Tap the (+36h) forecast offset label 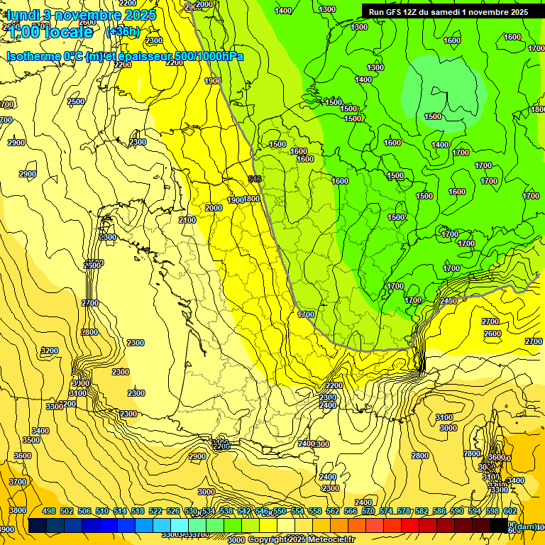pyautogui.click(x=123, y=31)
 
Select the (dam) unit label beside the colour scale pyautogui.click(x=526, y=527)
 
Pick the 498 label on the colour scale pyautogui.click(x=49, y=512)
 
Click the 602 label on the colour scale pyautogui.click(x=510, y=512)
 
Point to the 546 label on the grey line pyautogui.click(x=255, y=179)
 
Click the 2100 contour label pyautogui.click(x=187, y=221)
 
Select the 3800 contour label pyautogui.click(x=18, y=510)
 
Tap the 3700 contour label pyautogui.click(x=18, y=482)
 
